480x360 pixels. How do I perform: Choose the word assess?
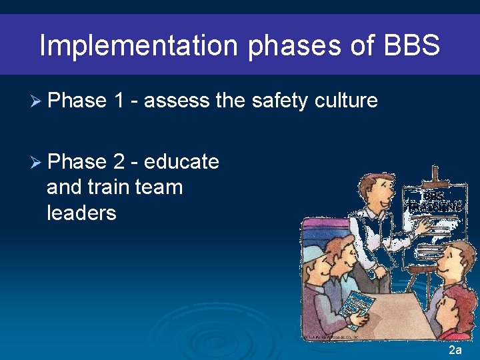(176, 101)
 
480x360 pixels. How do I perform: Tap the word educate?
(181, 162)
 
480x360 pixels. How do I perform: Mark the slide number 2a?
(455, 350)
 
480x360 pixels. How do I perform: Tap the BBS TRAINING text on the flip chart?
(434, 201)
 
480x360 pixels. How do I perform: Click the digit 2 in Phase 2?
(122, 162)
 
